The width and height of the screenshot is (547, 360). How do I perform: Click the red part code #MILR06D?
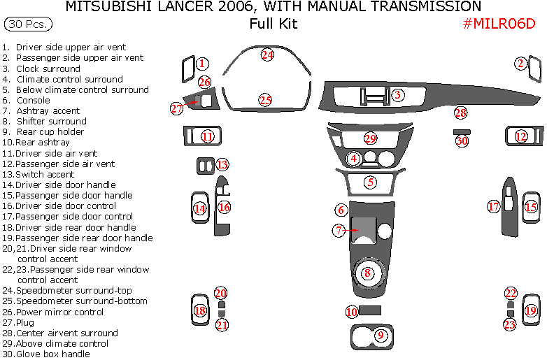(x=499, y=24)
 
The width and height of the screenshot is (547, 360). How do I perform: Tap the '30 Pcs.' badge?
(x=27, y=24)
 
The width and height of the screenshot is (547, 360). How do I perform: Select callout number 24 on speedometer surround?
(x=267, y=55)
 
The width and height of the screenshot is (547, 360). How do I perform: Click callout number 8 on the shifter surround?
(x=367, y=273)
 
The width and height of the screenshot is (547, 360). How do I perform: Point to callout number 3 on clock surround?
(x=397, y=95)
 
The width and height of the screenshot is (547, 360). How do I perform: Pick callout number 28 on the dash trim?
(x=460, y=113)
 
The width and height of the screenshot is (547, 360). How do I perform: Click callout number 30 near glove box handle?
(x=462, y=141)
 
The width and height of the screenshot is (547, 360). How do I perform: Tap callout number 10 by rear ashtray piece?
(x=351, y=312)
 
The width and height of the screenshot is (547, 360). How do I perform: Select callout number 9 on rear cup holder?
(x=381, y=336)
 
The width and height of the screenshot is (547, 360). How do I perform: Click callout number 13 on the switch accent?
(x=222, y=165)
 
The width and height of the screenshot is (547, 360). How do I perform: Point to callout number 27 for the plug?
(x=176, y=108)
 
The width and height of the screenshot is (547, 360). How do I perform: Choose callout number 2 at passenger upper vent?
(x=521, y=64)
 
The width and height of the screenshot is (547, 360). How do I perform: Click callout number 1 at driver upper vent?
(x=201, y=64)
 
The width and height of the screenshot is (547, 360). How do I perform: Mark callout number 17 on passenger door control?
(x=494, y=206)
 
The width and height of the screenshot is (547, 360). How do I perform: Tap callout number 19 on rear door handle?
(x=531, y=310)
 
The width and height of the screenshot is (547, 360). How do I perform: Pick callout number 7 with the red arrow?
(x=339, y=230)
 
